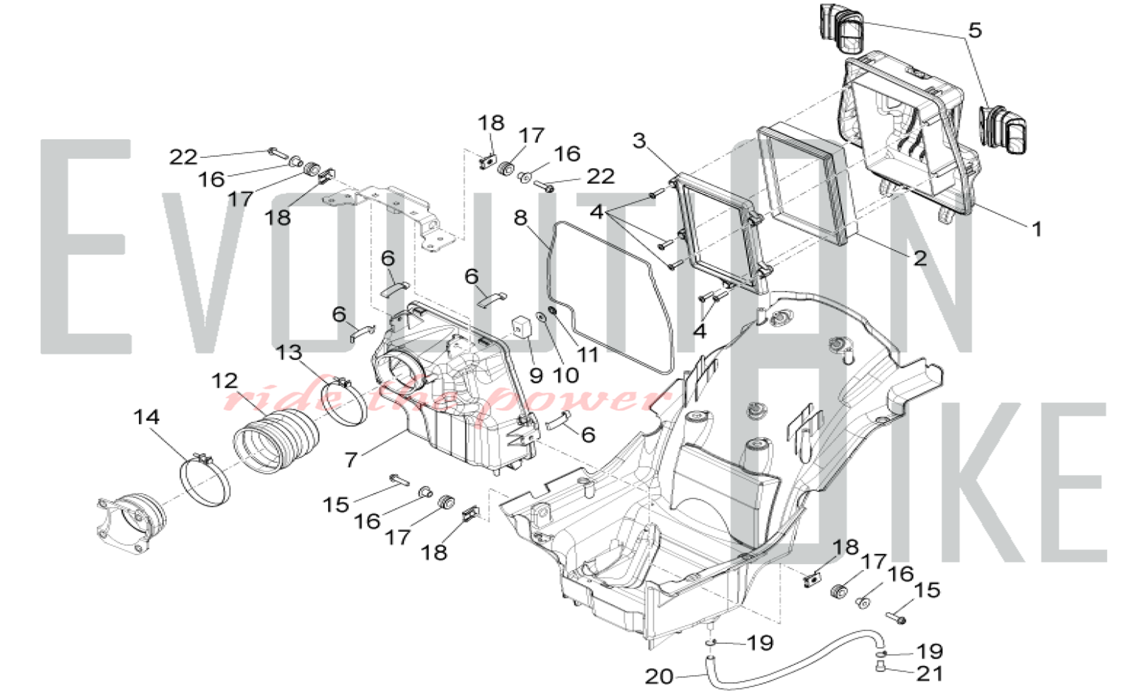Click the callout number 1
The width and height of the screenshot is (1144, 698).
[1037, 229]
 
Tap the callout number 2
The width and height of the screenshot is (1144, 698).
[920, 258]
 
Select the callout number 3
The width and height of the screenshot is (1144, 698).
[639, 141]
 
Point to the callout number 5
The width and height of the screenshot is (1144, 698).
[975, 30]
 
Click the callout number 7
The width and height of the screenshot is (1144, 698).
[351, 459]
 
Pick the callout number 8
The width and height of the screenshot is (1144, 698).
[520, 217]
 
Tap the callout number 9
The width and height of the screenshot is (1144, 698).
[536, 375]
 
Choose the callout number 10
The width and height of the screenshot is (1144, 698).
[566, 375]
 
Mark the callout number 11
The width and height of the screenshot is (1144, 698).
[587, 355]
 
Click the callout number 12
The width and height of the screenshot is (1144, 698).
[224, 380]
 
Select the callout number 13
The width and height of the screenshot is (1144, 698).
[289, 352]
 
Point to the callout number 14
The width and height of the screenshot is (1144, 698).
[146, 417]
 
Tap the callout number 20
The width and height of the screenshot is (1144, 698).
[659, 677]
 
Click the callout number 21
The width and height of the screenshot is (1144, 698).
[929, 674]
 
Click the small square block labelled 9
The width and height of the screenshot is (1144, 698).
[520, 327]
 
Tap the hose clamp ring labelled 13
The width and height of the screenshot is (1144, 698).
[345, 403]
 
